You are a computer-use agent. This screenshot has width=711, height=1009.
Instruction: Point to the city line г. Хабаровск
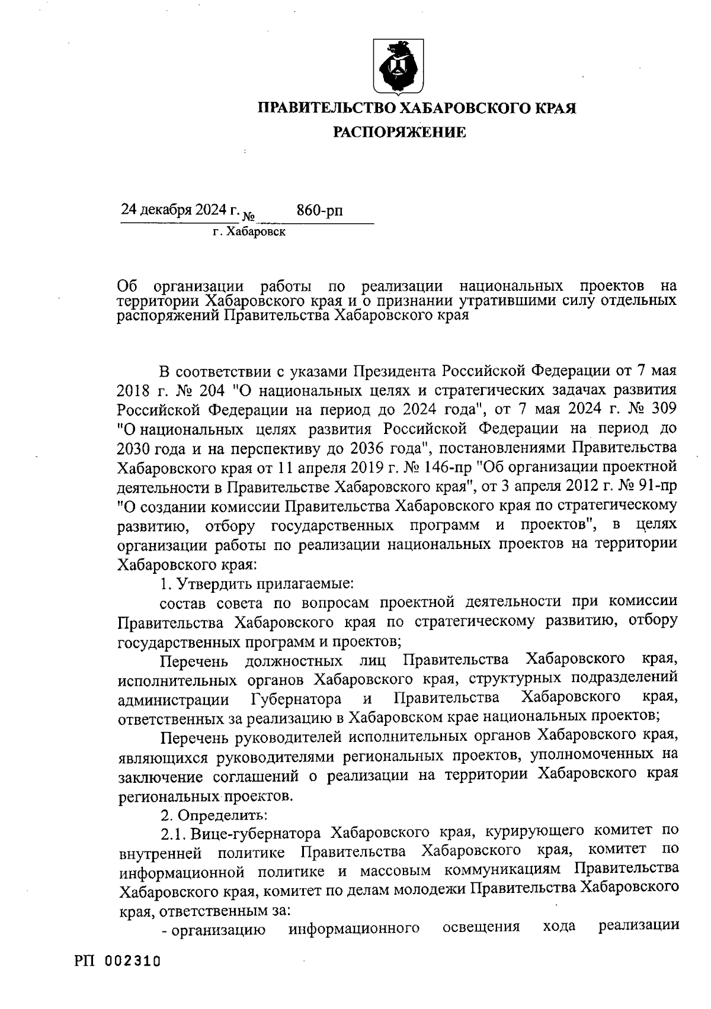pos(249,232)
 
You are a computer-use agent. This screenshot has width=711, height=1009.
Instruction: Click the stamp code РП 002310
pos(118,960)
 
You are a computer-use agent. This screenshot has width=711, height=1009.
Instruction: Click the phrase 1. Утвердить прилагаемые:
pos(257,583)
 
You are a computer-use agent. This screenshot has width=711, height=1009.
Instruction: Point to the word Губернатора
pos(296,699)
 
